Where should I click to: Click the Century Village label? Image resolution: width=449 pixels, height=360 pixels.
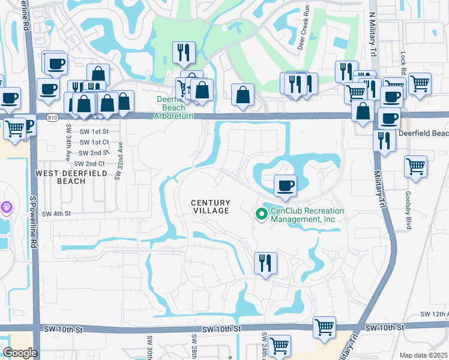210,207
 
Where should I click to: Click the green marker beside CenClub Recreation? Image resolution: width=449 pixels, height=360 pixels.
261,214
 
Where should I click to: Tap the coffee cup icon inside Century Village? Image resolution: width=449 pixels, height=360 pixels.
285,185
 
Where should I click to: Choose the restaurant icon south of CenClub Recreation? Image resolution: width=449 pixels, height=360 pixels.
265,263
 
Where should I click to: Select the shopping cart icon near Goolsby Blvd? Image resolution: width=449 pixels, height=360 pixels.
415,167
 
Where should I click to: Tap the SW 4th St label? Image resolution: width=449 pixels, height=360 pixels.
56,214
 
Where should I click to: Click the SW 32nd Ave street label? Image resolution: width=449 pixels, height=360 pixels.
119,160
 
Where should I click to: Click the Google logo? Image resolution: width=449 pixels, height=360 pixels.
20,353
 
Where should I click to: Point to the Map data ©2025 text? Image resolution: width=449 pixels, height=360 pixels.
423,355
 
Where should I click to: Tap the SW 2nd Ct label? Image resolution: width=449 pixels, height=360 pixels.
91,163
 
